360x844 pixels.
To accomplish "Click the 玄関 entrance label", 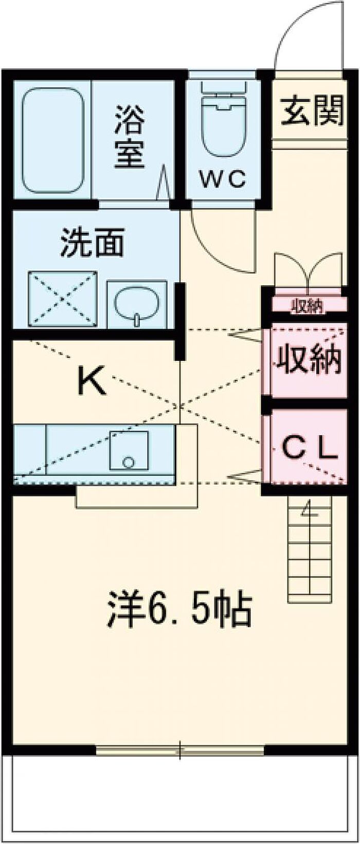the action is click(x=312, y=112).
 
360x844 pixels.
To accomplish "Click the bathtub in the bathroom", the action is click(x=52, y=140).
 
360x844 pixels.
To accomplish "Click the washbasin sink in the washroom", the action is click(x=136, y=303).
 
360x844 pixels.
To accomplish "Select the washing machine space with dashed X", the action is click(x=63, y=298).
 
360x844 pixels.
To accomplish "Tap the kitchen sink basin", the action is click(x=129, y=450).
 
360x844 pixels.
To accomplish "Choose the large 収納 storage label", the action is click(x=309, y=360).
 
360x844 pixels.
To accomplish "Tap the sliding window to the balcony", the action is click(x=180, y=751).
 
